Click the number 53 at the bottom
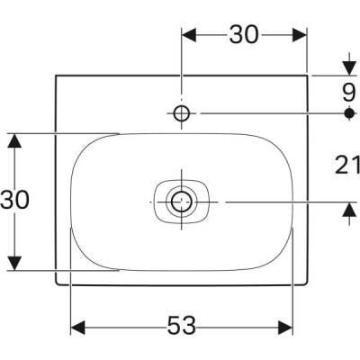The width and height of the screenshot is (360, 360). point(183,324)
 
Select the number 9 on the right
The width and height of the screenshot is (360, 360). point(347,91)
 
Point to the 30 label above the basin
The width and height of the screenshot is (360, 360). point(243,34)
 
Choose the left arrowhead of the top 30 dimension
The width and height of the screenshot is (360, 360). point(187,34)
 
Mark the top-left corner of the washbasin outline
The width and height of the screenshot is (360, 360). point(57,75)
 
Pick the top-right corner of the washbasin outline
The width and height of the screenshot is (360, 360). point(308,75)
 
